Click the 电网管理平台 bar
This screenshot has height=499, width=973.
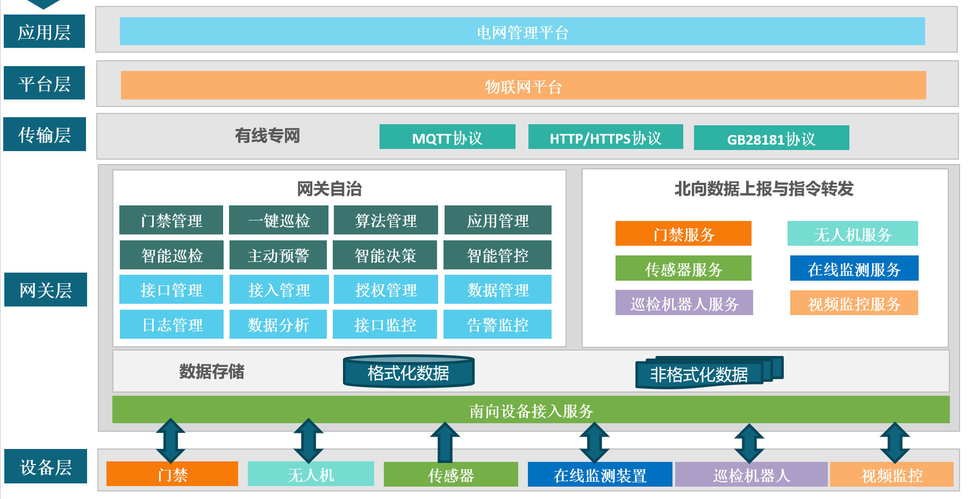tap(522, 32)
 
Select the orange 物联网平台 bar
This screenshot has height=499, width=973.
tap(523, 85)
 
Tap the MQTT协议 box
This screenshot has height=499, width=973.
tap(447, 137)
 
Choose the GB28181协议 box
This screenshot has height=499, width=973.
tap(771, 138)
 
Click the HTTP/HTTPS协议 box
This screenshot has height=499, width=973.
tap(605, 137)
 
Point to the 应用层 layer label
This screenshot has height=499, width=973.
tap(44, 32)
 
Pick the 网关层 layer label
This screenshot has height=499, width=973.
tap(45, 290)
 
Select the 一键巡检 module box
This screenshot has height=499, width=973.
tap(278, 220)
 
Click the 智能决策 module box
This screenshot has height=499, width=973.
tap(385, 255)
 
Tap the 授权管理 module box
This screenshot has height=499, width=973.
tap(385, 290)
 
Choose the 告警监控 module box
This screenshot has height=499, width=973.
tap(497, 324)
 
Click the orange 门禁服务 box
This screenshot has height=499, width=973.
tap(683, 234)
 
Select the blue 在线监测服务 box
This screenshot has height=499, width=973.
tap(854, 268)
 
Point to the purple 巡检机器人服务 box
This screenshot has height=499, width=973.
tap(684, 303)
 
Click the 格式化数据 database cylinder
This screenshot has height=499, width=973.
tap(409, 372)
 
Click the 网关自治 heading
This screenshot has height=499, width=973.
tap(329, 189)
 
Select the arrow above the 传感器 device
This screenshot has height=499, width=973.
tap(445, 442)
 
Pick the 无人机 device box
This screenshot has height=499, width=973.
tap(311, 474)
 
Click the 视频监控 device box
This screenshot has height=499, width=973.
tap(891, 475)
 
